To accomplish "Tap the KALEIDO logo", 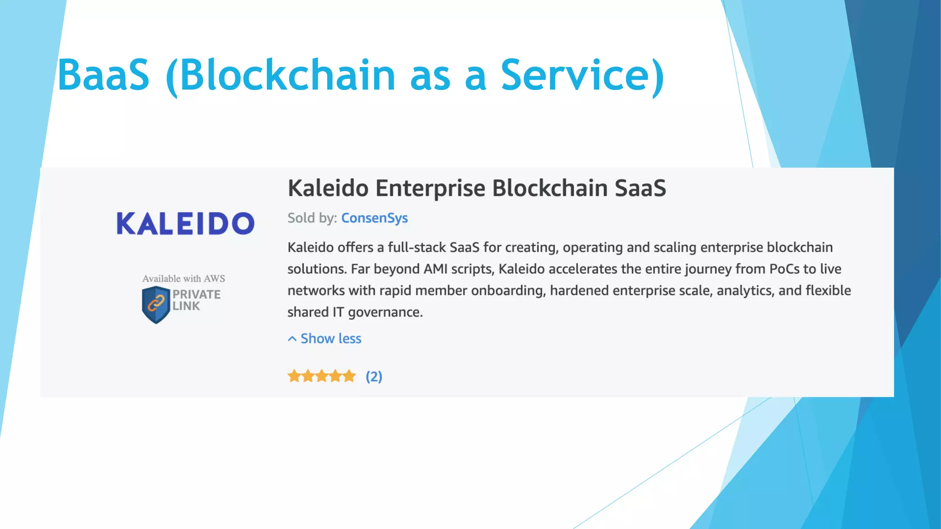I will [x=185, y=224].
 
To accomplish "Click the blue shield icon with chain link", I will [x=156, y=304].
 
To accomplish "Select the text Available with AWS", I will [x=183, y=279].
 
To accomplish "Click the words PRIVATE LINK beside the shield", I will [x=196, y=300].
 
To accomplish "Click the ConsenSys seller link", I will [x=374, y=218].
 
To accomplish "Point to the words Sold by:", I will [x=312, y=218].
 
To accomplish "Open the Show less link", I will [x=331, y=338].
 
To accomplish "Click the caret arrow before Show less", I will [x=292, y=339].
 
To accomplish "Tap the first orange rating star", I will [x=294, y=377].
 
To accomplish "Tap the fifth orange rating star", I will [x=350, y=377].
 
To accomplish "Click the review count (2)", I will [x=374, y=377].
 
